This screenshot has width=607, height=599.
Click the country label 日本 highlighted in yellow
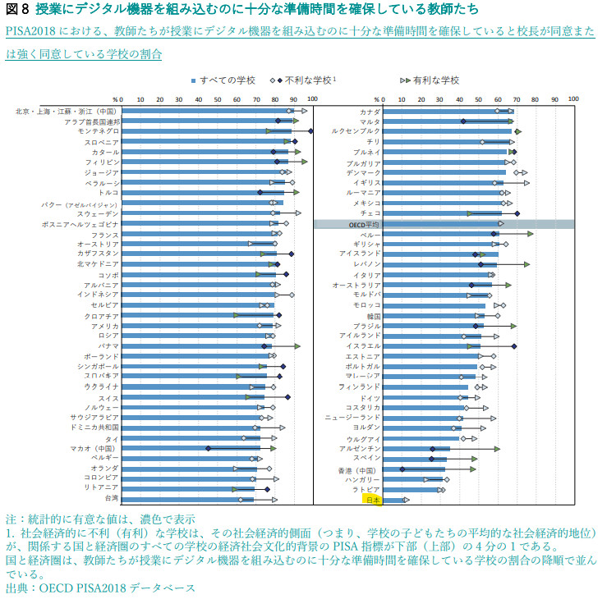[372, 499]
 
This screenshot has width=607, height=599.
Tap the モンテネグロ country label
[98, 131]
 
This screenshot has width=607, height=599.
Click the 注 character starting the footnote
[10, 519]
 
